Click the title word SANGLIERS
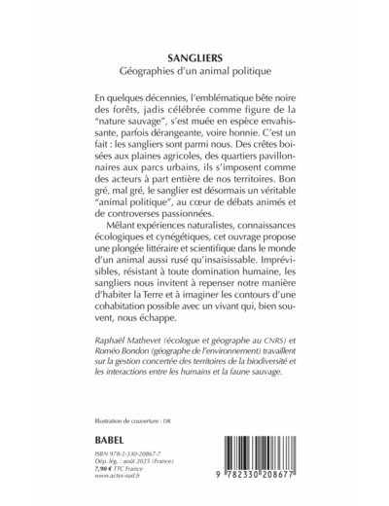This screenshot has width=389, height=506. point(194,56)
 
